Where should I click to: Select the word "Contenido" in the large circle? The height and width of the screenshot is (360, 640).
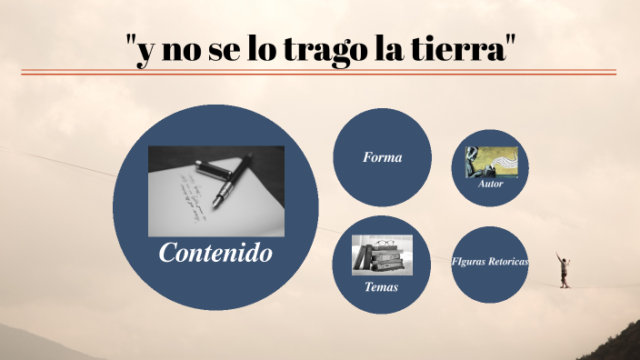pyautogui.click(x=215, y=253)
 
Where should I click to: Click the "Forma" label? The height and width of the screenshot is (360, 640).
pyautogui.click(x=382, y=157)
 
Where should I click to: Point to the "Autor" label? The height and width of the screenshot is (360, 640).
pyautogui.click(x=490, y=184)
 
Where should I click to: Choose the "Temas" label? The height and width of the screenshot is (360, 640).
pyautogui.click(x=381, y=287)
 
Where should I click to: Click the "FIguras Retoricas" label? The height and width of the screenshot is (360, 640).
pyautogui.click(x=491, y=261)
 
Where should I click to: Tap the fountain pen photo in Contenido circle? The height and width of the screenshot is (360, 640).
pyautogui.click(x=216, y=191)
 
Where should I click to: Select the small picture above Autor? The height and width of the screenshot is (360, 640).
pyautogui.click(x=491, y=162)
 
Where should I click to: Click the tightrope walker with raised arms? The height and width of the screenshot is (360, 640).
pyautogui.click(x=565, y=269)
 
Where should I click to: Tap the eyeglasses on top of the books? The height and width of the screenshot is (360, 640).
pyautogui.click(x=384, y=242)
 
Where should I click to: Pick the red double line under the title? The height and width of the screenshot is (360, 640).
pyautogui.click(x=318, y=72)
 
